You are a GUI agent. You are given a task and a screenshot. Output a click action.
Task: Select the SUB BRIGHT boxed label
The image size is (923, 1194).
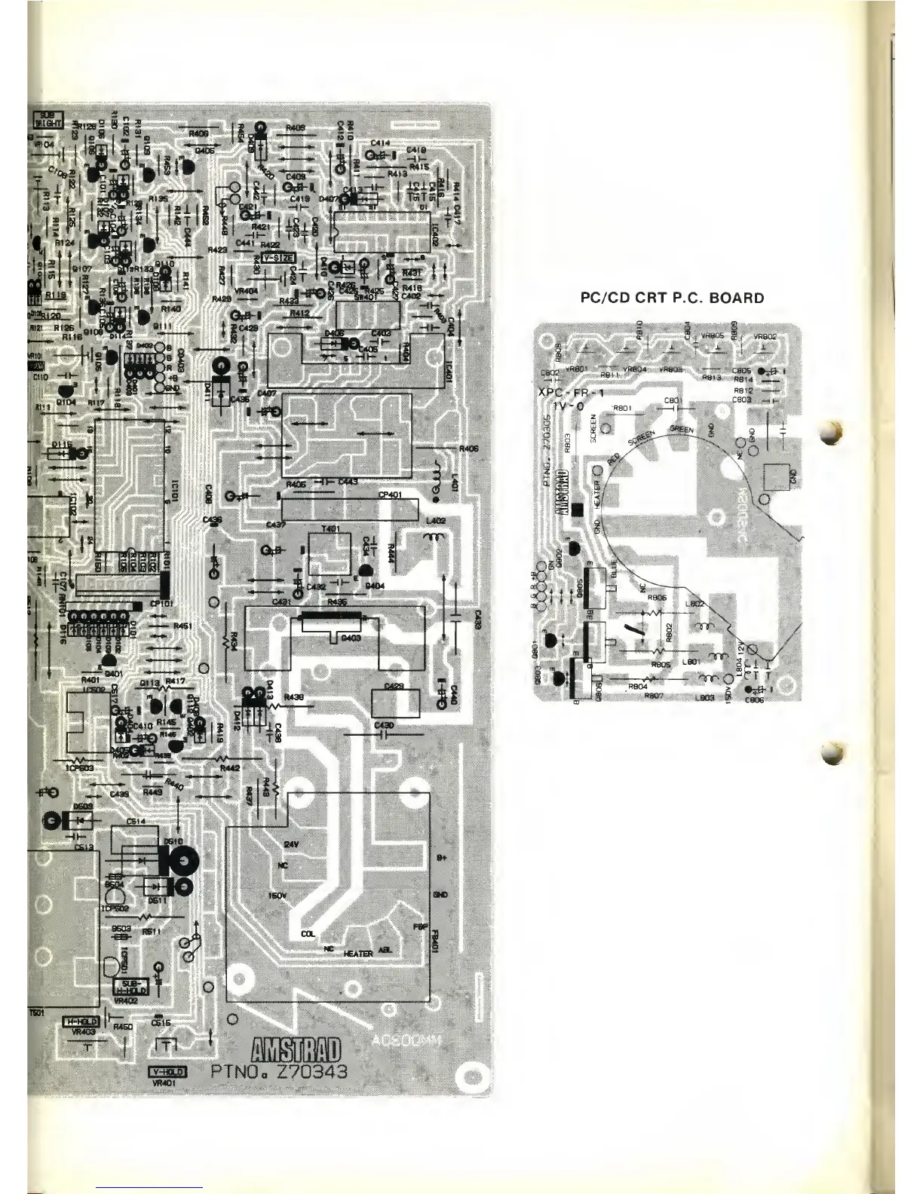pyautogui.click(x=48, y=120)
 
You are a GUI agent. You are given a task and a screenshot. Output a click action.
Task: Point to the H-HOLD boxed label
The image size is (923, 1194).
pyautogui.click(x=82, y=1021)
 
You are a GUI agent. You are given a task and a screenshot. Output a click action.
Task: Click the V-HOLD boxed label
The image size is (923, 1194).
pyautogui.click(x=167, y=1073)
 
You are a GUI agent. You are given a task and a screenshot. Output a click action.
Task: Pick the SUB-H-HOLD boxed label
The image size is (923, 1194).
pyautogui.click(x=131, y=987)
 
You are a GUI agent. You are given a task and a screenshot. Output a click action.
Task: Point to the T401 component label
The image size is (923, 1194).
pyautogui.click(x=330, y=528)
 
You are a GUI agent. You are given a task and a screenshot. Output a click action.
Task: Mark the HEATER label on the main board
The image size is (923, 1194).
pyautogui.click(x=358, y=954)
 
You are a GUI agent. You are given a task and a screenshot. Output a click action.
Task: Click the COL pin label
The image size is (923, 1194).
pyautogui.click(x=307, y=934)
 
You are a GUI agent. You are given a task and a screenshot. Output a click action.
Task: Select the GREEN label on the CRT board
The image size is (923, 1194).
pyautogui.click(x=681, y=429)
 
